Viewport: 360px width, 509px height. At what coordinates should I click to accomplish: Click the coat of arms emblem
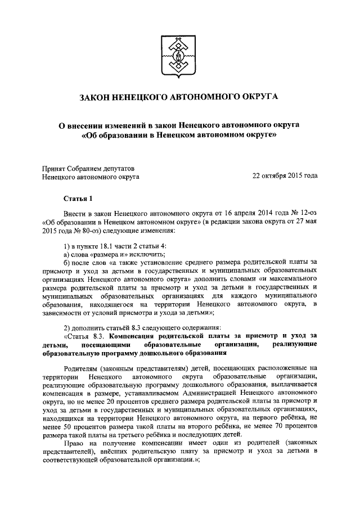click(179, 56)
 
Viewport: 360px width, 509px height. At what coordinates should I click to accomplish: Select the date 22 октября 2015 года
click(285, 176)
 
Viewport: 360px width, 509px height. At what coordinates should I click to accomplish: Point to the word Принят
click(55, 167)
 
